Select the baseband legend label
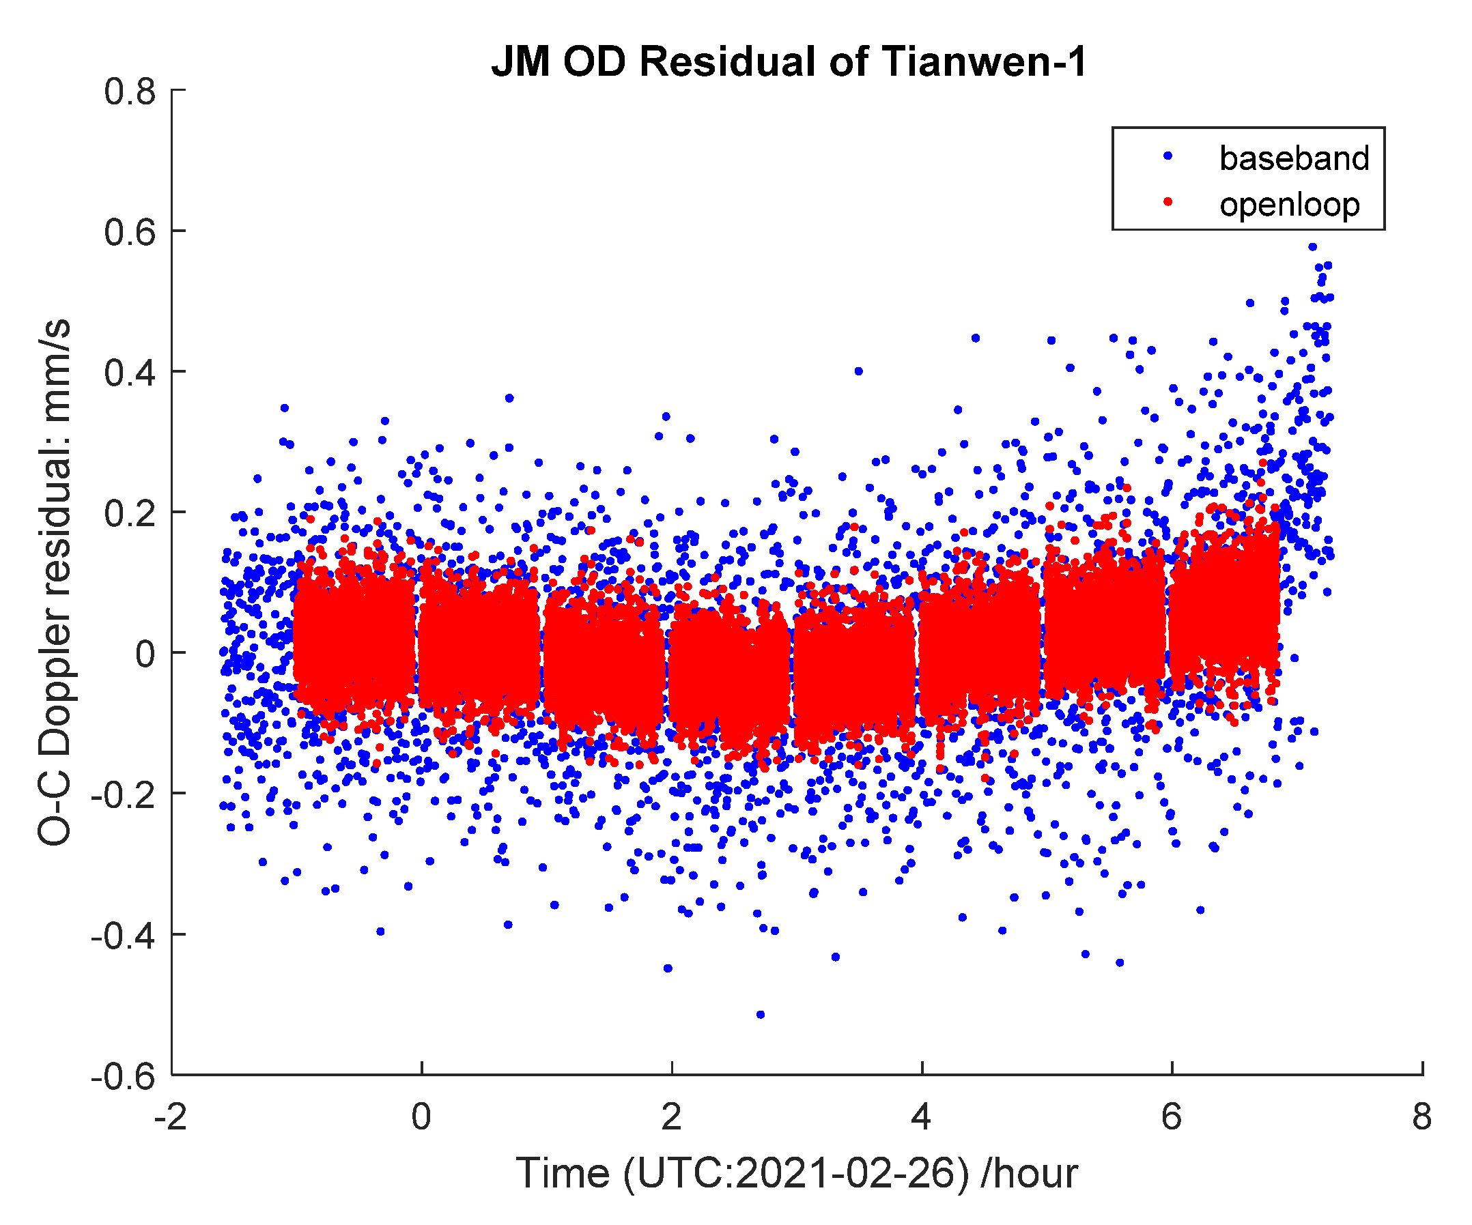[1294, 158]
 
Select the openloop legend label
[1289, 205]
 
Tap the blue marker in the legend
[1167, 157]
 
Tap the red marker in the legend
[1167, 203]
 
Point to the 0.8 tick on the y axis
[130, 92]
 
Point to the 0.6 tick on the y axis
[130, 233]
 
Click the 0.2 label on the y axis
[130, 514]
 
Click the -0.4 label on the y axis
[124, 936]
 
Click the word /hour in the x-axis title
[1029, 1174]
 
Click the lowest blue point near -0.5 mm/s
[761, 1015]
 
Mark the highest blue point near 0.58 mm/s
[1313, 246]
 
